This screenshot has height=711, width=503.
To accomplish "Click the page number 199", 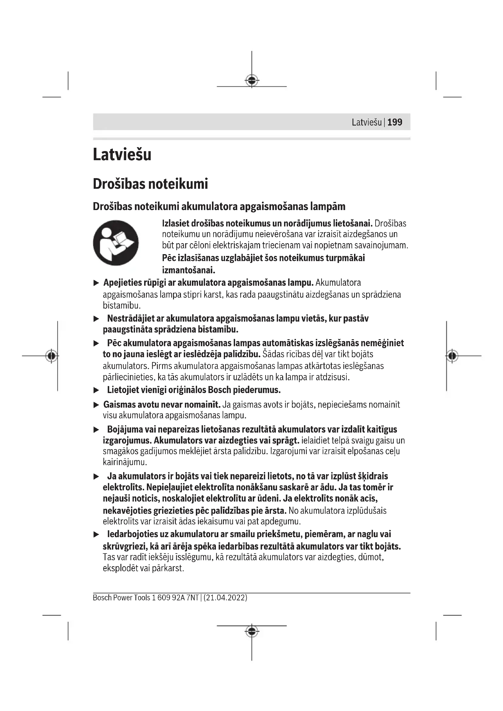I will [395, 122].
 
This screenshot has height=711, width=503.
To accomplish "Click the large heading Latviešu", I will [122, 154].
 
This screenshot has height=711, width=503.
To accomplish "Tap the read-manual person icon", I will [116, 243].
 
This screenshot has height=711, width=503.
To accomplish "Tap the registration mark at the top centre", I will [251, 81].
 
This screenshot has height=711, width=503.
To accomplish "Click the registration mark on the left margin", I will [51, 356].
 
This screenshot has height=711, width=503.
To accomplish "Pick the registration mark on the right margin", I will [452, 356].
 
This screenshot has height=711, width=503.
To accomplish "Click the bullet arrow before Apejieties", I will [96, 283].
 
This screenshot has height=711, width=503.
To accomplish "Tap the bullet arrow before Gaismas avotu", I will [96, 405].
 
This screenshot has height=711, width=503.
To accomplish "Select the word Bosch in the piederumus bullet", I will [219, 390].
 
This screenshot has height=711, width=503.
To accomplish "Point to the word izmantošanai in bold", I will [188, 270].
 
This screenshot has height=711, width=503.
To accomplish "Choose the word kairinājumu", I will [124, 462].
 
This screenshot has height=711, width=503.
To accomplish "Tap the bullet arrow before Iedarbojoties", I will [96, 534].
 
